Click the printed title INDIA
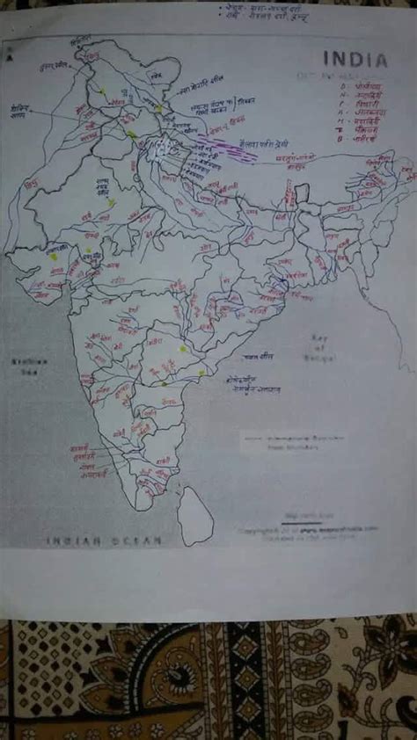(355, 60)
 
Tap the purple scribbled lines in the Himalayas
(226, 147)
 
